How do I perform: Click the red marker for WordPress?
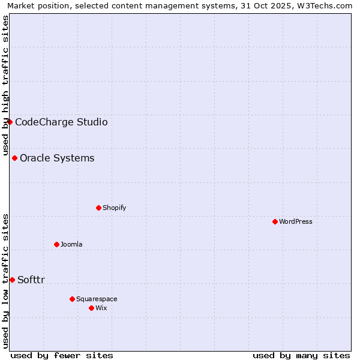275,221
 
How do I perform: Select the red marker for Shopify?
98,208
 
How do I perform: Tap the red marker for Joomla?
56,244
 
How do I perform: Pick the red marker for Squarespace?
72,299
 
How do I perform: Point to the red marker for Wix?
91,308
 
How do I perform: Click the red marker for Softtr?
12,280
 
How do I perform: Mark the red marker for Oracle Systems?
14,158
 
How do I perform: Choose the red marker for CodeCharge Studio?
10,122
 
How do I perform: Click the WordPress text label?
296,221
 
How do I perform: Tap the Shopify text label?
114,208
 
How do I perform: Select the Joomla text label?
71,244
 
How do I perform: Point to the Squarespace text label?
97,299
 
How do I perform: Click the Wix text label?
101,308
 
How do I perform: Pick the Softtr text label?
31,280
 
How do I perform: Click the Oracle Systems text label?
57,158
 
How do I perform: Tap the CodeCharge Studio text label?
61,122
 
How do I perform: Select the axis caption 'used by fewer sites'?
62,355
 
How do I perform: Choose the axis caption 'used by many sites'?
301,355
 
